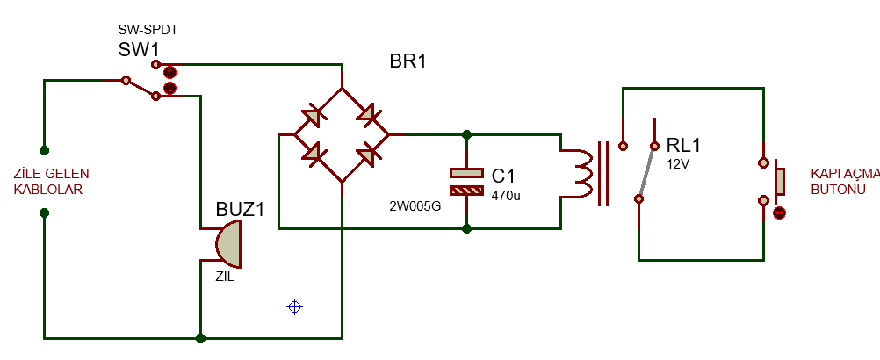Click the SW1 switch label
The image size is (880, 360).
coord(139,50)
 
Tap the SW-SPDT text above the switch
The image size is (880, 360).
coord(148,30)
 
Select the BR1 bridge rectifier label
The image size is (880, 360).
coord(408,61)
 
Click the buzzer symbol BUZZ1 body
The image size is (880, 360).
coord(228,244)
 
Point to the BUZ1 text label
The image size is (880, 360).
coord(240,210)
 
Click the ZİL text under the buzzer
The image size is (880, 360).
coord(225,277)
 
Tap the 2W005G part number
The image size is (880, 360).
coord(415,207)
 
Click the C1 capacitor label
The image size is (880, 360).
coord(503,176)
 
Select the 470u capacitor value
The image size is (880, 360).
coord(506,196)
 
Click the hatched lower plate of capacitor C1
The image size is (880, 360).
coord(466,191)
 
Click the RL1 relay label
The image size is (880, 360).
coord(683,145)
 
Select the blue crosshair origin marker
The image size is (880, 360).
coord(294,306)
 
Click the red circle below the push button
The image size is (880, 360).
coord(779,213)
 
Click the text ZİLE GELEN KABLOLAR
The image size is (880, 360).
coord(51,182)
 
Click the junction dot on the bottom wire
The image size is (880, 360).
coord(200,338)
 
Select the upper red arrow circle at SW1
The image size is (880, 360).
coord(170,72)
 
